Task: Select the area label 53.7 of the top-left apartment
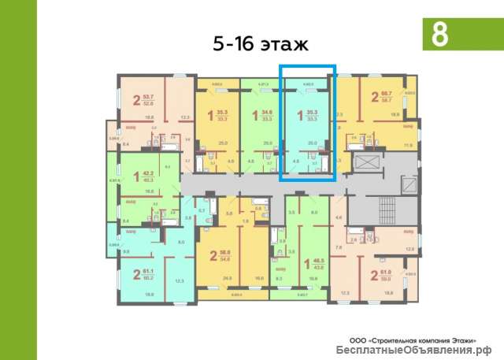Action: pos(147,95)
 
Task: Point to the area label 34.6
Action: pos(267,113)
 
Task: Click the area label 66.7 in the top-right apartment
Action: pos(386,95)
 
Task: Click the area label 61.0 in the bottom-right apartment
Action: pos(386,271)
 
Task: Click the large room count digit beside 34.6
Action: pos(254,115)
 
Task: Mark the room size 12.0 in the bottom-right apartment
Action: pos(409,249)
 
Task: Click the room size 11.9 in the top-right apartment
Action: pos(407,145)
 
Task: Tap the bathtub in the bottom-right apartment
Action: pos(391,234)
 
